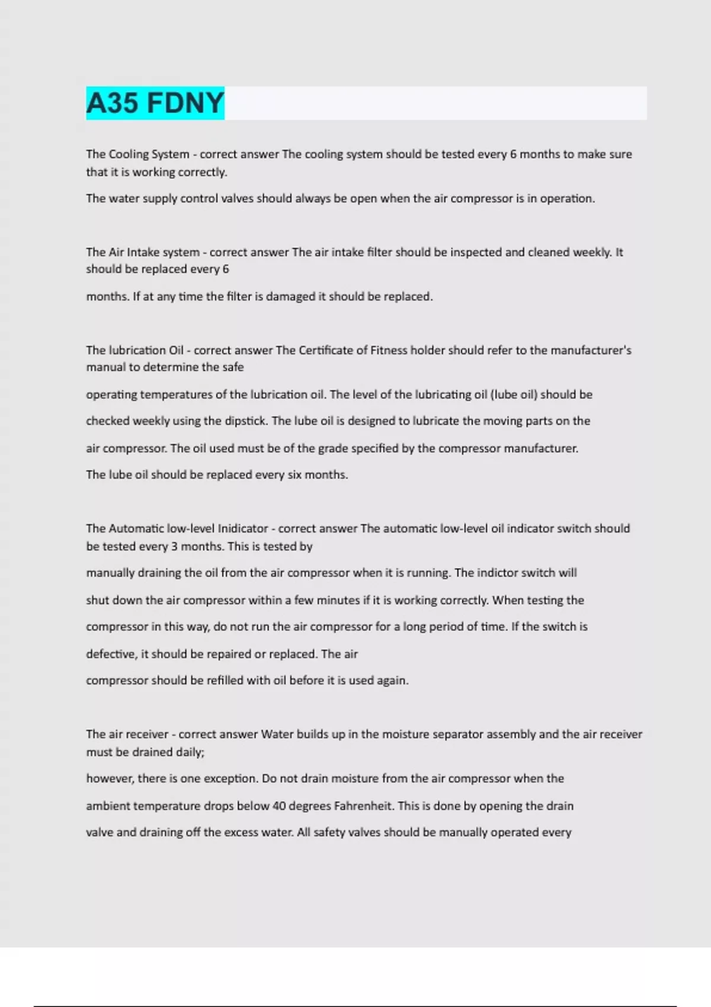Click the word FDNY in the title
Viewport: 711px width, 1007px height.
pyautogui.click(x=185, y=103)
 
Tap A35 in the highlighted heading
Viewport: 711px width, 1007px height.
pyautogui.click(x=113, y=103)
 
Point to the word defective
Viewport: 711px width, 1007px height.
pyautogui.click(x=111, y=654)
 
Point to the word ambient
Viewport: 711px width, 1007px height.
pyautogui.click(x=108, y=806)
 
